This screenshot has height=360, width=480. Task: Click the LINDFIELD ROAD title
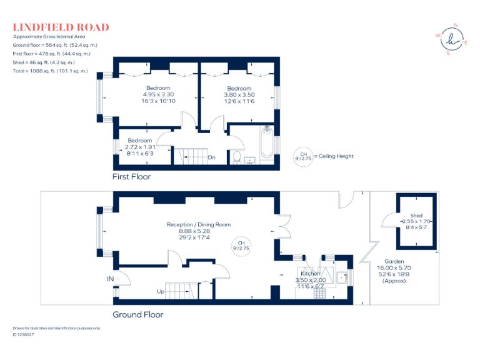click(61, 27)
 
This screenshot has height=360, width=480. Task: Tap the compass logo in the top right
click(452, 39)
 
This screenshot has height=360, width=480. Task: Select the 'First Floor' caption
click(131, 176)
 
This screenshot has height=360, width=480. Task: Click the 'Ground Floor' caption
click(137, 314)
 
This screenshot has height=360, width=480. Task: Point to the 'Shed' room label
click(416, 216)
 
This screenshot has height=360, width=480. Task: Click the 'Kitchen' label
click(311, 274)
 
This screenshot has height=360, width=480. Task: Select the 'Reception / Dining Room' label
click(199, 224)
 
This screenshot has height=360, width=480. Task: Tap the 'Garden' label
click(394, 262)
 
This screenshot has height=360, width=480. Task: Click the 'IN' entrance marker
click(111, 278)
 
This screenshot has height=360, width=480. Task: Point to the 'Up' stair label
click(161, 291)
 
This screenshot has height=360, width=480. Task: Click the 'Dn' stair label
click(212, 157)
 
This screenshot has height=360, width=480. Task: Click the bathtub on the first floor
click(268, 142)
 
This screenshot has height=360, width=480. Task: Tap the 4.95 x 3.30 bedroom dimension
click(158, 94)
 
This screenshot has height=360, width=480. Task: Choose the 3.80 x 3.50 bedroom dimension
click(239, 95)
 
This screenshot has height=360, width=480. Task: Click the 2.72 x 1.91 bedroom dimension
click(139, 147)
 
